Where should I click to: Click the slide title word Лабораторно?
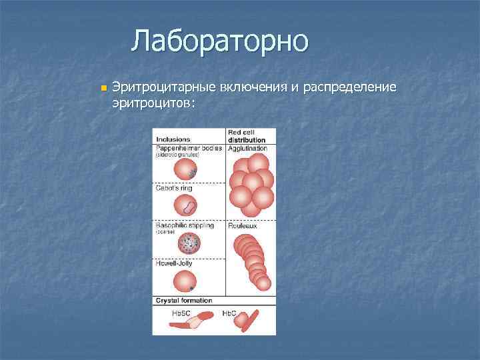[219, 41]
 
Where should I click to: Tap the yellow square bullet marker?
[101, 89]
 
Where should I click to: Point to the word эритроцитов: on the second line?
[153, 103]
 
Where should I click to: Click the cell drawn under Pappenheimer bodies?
[185, 171]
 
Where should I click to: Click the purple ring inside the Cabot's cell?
[190, 207]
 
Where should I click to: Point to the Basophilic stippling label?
[185, 226]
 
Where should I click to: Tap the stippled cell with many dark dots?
[189, 245]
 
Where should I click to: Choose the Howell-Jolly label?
[175, 264]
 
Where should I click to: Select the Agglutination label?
[247, 148]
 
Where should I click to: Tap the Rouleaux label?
[242, 226]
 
